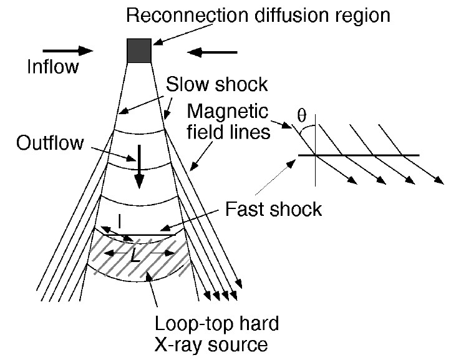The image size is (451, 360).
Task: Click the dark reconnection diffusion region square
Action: click(x=139, y=51)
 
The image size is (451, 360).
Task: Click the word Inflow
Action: click(x=52, y=67)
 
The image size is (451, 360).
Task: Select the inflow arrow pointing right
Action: click(x=68, y=51)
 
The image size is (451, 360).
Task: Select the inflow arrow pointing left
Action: click(x=212, y=52)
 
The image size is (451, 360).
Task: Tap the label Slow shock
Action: click(x=217, y=84)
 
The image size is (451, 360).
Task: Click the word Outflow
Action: click(x=50, y=143)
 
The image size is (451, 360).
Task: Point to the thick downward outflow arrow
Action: click(x=139, y=167)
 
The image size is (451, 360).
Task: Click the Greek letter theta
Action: click(x=301, y=115)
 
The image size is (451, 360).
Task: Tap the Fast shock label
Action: click(x=273, y=209)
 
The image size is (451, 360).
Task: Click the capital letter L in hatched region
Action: click(x=135, y=255)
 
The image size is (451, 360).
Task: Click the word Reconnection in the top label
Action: click(x=187, y=15)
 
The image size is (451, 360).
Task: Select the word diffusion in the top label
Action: click(x=291, y=15)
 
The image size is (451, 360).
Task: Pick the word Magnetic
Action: click(x=228, y=111)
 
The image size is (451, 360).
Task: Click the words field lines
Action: click(x=229, y=132)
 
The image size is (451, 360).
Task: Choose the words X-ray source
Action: click(x=211, y=344)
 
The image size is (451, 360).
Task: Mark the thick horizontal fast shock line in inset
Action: click(x=359, y=155)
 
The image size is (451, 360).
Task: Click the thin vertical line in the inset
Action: click(x=315, y=150)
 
